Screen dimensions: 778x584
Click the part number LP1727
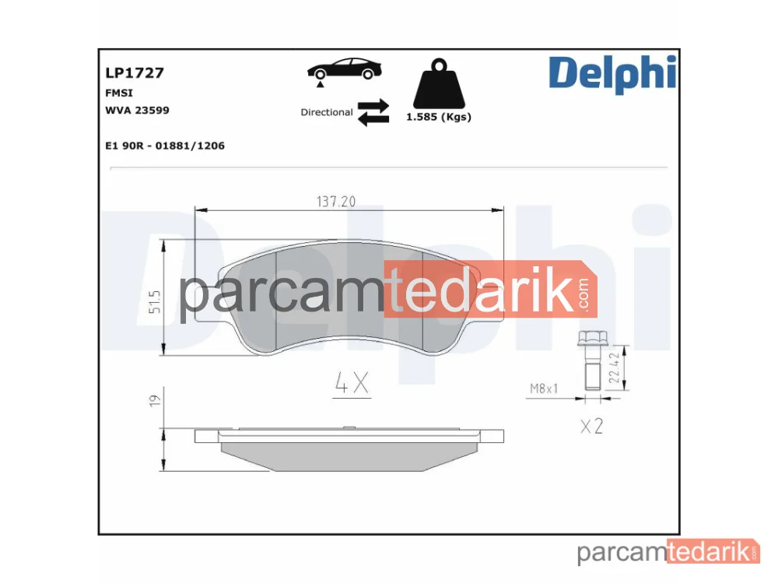135,73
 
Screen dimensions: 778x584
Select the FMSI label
119,93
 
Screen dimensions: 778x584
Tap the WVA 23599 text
138,111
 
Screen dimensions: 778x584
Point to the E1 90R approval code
165,146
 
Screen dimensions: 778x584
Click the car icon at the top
345,71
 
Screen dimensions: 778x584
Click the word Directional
327,112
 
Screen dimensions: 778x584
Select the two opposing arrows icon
373,112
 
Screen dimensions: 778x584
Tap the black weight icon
439,83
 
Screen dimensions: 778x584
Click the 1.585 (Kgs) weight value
439,118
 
